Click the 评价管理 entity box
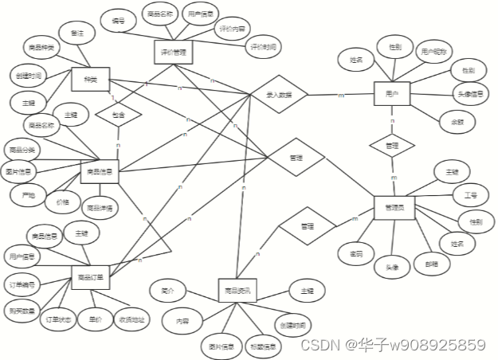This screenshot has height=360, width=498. tap(174, 53)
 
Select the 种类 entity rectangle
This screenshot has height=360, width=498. tap(89, 79)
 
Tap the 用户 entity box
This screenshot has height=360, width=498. tap(390, 94)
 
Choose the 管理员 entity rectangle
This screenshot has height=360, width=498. tap(394, 207)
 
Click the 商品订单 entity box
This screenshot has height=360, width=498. tap(92, 278)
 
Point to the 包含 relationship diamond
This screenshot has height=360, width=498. tap(118, 115)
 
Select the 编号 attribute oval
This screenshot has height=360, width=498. tap(119, 22)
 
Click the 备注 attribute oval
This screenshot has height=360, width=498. tap(77, 33)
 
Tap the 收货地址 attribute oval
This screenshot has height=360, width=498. tap(132, 319)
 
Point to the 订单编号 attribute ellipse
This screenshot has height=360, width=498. tap(24, 284)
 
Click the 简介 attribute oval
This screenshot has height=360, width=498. tap(167, 290)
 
